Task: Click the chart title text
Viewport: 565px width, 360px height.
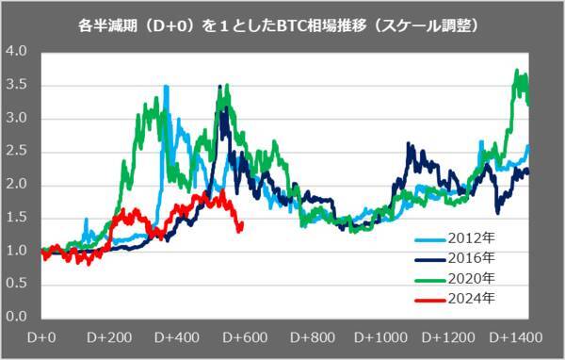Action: pos(282,25)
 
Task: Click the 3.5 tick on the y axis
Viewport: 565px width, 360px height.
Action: pos(16,85)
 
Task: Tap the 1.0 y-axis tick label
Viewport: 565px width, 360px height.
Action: pos(16,251)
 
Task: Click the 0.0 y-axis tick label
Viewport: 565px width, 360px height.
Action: pos(16,318)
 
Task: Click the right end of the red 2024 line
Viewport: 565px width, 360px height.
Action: pos(242,223)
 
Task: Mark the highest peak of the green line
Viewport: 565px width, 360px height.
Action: pos(516,71)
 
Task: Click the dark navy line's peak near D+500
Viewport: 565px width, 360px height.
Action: pos(223,108)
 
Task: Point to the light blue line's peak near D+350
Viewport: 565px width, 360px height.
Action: pos(167,86)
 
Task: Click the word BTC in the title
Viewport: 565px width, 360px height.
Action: pos(284,25)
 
